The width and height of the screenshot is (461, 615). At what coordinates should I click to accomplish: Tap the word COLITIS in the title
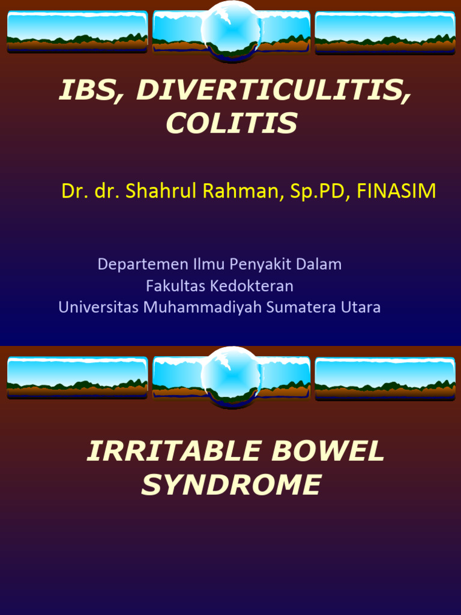(x=232, y=124)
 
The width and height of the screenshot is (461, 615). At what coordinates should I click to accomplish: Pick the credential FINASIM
(x=396, y=191)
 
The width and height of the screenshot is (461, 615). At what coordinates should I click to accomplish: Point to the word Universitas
(x=98, y=307)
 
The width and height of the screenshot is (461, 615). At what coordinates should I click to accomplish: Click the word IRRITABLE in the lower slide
(x=175, y=452)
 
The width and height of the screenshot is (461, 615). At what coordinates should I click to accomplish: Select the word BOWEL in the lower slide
(x=328, y=452)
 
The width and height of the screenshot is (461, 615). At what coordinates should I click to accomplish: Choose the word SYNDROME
(x=232, y=485)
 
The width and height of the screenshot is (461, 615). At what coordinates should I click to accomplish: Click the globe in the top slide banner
(x=230, y=30)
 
